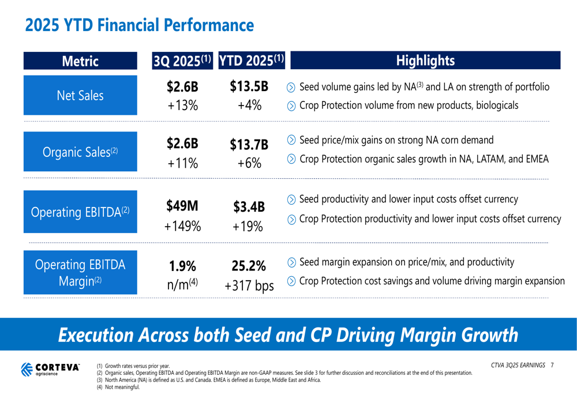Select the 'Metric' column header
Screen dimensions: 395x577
tap(81, 61)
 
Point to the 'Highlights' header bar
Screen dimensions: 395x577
tap(426, 61)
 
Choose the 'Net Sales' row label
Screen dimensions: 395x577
tap(80, 95)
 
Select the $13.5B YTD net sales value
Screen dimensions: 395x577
tap(249, 86)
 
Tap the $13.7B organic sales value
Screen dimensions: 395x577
tap(249, 144)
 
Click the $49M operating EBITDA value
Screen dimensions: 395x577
tap(182, 205)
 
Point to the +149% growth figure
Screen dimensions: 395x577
tap(182, 226)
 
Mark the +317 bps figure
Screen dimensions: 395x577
tap(249, 285)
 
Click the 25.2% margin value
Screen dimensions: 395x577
tap(248, 266)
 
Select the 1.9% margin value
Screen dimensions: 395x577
tap(182, 266)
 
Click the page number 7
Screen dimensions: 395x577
tap(552, 365)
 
